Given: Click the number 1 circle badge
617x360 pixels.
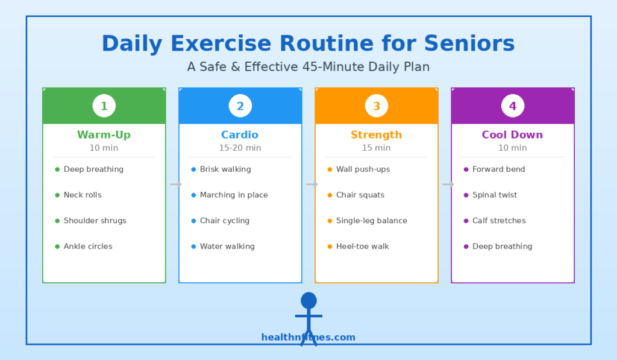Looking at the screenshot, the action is [104, 106].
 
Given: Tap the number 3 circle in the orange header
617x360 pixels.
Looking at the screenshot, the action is [377, 106].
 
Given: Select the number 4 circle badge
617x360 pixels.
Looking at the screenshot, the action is [513, 106].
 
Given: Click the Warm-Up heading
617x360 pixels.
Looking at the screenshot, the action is [104, 134].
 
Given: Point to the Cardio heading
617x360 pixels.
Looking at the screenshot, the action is [240, 134].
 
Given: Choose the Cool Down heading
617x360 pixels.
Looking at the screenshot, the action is [512, 134].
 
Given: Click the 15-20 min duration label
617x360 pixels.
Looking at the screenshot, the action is [240, 148].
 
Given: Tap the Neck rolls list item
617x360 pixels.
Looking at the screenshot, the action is [83, 195].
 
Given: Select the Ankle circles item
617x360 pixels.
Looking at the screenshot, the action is [88, 246].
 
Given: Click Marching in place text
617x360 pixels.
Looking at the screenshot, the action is [234, 195].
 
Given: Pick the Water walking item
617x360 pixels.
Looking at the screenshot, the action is [227, 247].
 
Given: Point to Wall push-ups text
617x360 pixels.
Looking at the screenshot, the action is [363, 169].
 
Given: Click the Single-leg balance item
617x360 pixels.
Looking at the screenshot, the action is [371, 221].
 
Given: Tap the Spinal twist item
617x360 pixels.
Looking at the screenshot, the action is [495, 195].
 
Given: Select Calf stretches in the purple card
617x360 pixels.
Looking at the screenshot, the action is [499, 221].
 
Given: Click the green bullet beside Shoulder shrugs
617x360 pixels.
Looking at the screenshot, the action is [57, 221].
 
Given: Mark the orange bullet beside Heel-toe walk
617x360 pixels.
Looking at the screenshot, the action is [330, 247].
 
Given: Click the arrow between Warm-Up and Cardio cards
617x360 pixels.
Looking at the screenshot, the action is [175, 185].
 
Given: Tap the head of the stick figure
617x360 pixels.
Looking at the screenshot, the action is [309, 300].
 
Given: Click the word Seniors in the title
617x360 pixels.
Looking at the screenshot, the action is [469, 43].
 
